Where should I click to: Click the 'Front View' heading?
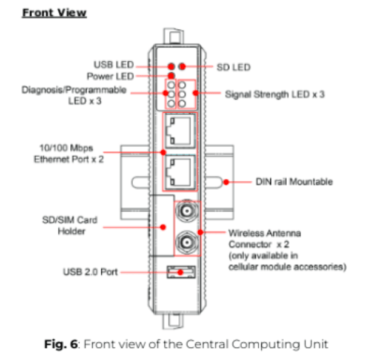54,13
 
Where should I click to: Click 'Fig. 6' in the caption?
62,344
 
